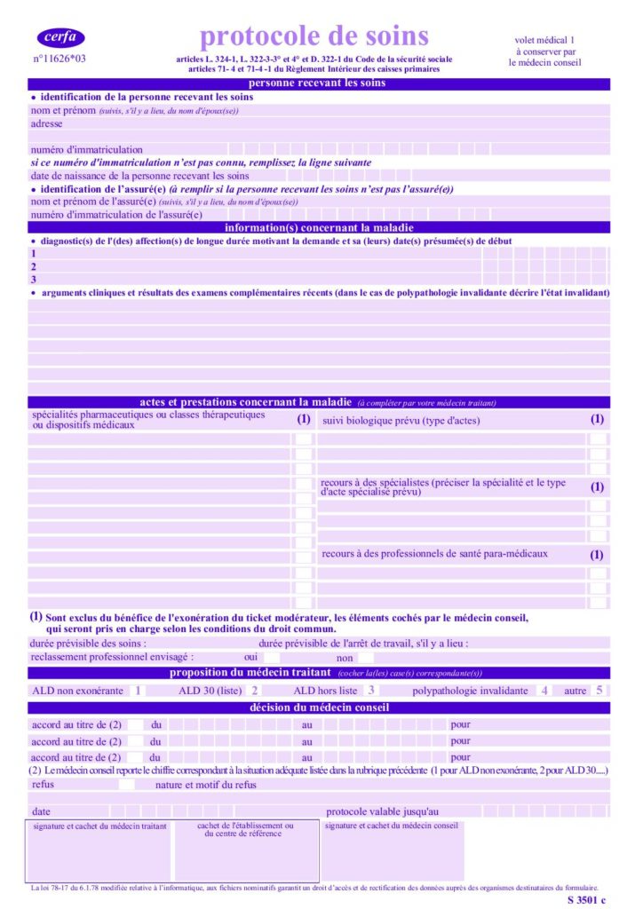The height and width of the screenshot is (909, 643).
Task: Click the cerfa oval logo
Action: (x=60, y=37)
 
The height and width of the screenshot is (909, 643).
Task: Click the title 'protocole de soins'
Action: (x=314, y=36)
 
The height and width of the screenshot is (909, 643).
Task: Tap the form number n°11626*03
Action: (x=60, y=59)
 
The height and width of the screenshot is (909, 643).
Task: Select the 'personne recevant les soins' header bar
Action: (x=318, y=83)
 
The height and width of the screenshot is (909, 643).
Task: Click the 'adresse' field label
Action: (x=47, y=124)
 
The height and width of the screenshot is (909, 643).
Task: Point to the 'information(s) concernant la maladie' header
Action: (x=318, y=227)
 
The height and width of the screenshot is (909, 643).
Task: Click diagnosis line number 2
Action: (x=34, y=266)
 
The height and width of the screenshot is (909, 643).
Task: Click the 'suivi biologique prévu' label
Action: (x=388, y=420)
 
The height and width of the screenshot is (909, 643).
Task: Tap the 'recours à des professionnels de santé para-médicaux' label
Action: (x=434, y=553)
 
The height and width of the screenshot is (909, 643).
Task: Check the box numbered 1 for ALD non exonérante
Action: (x=138, y=690)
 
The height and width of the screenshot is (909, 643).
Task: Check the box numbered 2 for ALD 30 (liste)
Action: (x=255, y=690)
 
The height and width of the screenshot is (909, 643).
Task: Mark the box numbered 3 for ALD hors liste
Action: (x=370, y=690)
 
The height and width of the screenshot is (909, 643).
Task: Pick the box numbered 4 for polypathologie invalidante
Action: (x=544, y=690)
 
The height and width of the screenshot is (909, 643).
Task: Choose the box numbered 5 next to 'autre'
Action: (x=599, y=690)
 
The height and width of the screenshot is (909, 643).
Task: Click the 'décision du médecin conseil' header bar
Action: (x=318, y=707)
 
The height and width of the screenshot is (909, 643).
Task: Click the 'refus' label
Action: (x=43, y=785)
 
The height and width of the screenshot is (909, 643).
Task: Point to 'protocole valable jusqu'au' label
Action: (x=382, y=811)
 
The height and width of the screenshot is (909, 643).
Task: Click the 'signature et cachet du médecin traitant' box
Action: (x=99, y=850)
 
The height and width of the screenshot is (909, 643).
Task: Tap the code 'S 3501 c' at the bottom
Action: (x=586, y=899)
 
